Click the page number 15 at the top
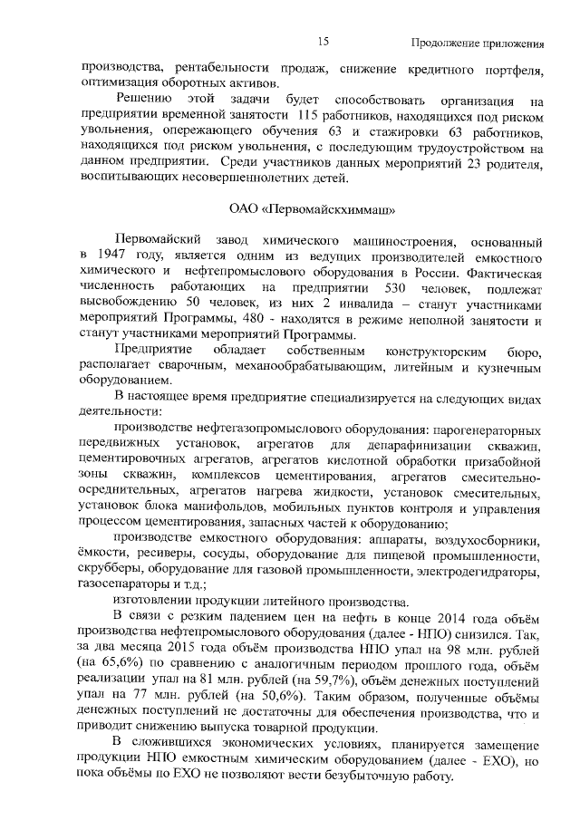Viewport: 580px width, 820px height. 323,42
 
